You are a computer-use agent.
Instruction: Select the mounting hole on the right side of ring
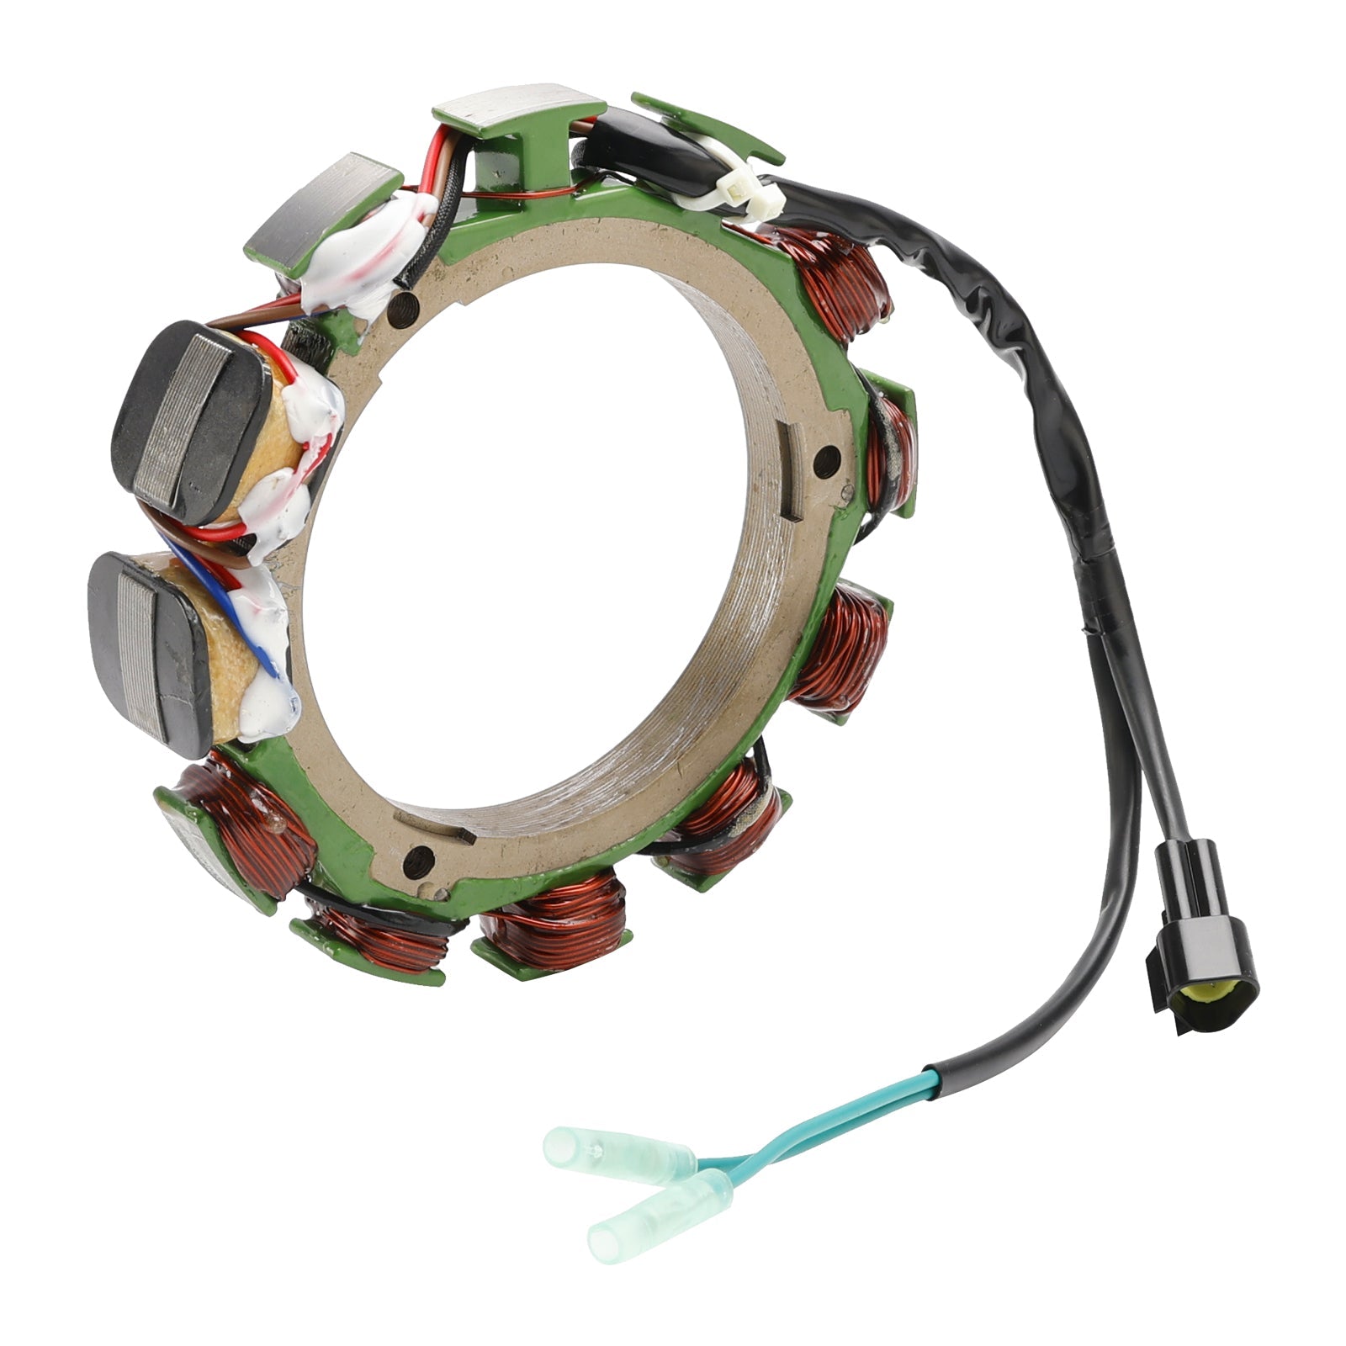[x=828, y=459]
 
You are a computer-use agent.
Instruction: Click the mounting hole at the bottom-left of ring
[x=418, y=860]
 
